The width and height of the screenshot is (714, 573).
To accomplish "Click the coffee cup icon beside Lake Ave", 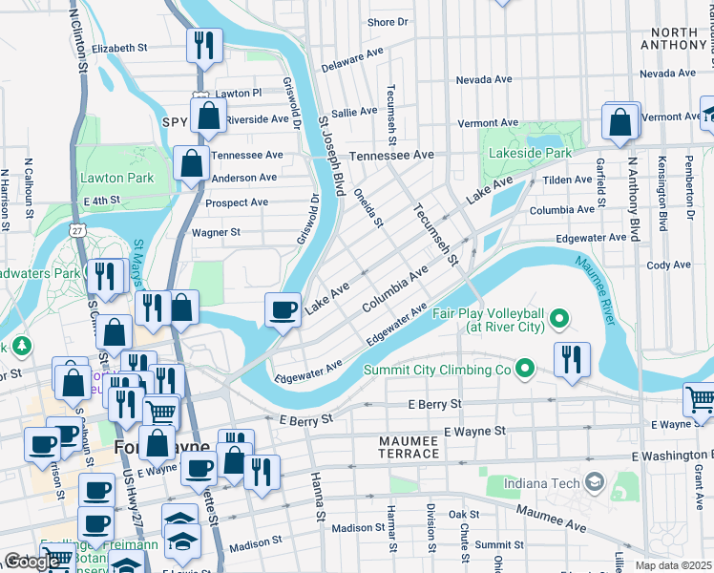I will (283, 308).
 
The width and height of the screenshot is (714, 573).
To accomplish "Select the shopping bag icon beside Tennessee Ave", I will (192, 163).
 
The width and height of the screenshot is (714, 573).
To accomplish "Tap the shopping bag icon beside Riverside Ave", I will (208, 117).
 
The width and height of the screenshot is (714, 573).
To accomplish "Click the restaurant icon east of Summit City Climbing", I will (571, 359).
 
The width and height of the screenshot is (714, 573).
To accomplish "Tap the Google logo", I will (31, 562).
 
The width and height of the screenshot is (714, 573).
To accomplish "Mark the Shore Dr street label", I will (388, 22).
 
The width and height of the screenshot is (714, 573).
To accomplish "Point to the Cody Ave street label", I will (668, 265).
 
